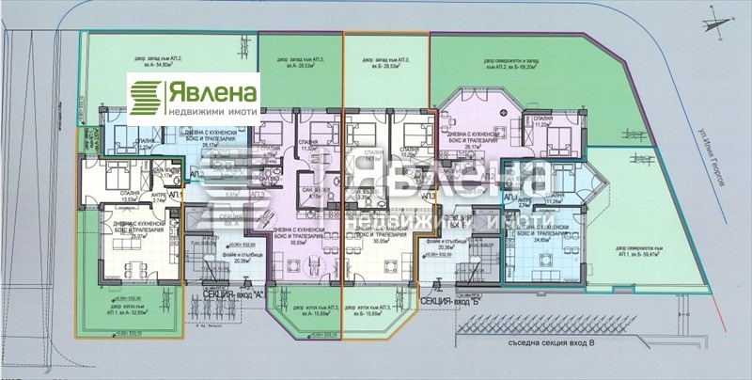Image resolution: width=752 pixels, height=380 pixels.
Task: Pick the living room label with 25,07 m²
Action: click(x=133, y=233)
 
